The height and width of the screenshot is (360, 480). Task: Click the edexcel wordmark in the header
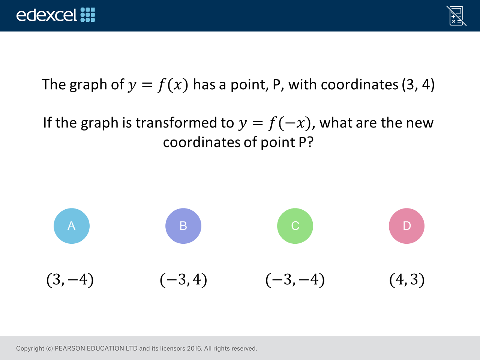46,15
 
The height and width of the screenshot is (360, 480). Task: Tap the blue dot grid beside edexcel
88,15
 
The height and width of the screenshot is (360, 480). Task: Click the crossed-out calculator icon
456,16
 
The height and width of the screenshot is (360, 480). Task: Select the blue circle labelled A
72,226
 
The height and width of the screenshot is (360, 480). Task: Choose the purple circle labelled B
183,226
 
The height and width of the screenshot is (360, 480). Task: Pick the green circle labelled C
295,226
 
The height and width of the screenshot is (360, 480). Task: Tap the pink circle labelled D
407,226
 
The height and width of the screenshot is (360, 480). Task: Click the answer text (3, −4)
70,280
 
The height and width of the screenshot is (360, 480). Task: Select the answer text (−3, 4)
183,280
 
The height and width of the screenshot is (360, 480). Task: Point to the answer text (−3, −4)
295,280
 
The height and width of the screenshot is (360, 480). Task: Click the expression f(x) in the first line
173,85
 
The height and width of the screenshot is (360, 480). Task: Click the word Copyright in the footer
30,349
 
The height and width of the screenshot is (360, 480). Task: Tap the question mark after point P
310,142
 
